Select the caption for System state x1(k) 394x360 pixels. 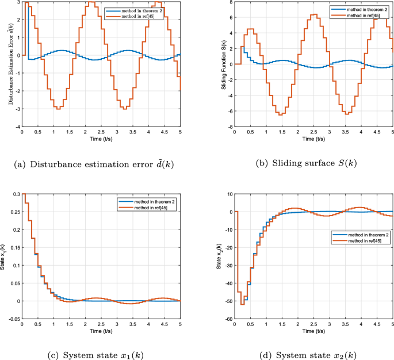[x=96, y=355]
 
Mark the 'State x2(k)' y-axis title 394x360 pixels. [x=219, y=257]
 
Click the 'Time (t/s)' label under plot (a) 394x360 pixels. [x=101, y=140]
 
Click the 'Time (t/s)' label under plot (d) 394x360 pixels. [x=314, y=332]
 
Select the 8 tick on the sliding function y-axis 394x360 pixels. [x=231, y=2]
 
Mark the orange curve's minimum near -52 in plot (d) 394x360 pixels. [x=242, y=304]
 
